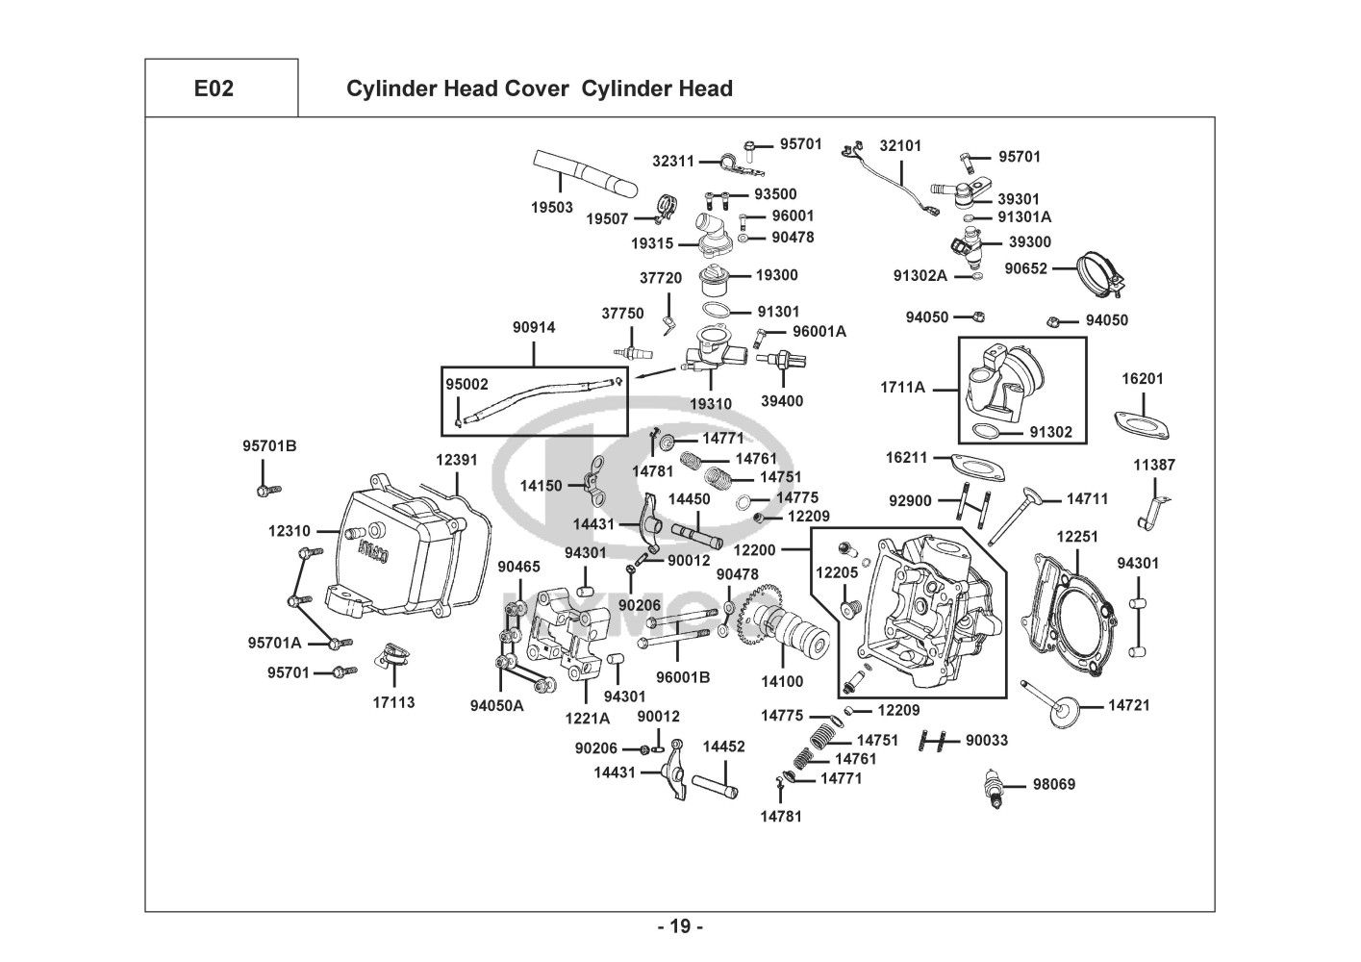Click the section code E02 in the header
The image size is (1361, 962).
coord(214,89)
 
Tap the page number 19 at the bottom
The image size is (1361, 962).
coord(680,926)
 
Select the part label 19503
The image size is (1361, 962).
coord(552,207)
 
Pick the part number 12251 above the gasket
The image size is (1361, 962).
coord(1077,536)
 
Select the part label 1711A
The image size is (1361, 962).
coord(902,388)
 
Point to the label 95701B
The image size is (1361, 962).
coord(269,445)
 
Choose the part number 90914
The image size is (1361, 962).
coord(534,328)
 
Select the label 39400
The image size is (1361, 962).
coord(781,401)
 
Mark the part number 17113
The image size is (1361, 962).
coord(393,702)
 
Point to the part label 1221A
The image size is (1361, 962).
coord(588,718)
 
